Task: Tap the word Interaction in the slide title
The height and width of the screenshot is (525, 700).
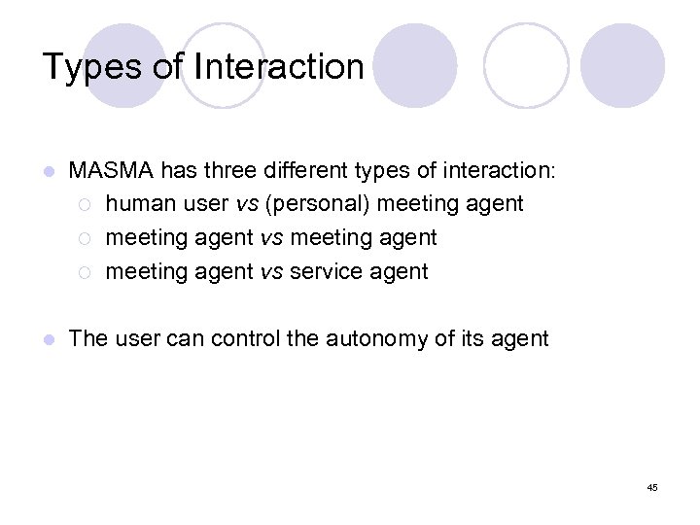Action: pos(279,67)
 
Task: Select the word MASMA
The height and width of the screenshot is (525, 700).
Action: pos(111,171)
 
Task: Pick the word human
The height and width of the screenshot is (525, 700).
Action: pos(136,204)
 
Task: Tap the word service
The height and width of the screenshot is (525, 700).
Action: pos(324,272)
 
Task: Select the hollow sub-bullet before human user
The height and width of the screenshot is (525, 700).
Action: pos(85,204)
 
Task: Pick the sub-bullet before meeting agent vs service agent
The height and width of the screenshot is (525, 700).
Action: pos(85,272)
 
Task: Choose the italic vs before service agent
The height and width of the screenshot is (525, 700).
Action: pos(272,272)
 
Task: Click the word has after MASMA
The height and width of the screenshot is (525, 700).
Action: pos(178,171)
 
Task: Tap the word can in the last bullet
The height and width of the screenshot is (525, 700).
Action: pos(186,338)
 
